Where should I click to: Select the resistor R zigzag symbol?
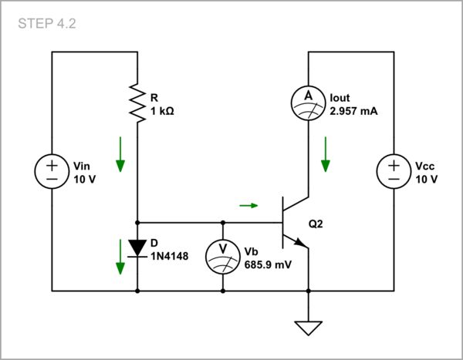[x=137, y=103]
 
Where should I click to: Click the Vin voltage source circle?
[x=52, y=172]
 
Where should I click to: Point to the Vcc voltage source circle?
[x=394, y=172]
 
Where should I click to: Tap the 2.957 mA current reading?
[x=354, y=111]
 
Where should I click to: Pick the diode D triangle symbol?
[x=137, y=247]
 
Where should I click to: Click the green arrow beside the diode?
[x=120, y=257]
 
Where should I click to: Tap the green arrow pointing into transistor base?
[x=248, y=205]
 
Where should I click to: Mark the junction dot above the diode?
[x=137, y=222]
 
